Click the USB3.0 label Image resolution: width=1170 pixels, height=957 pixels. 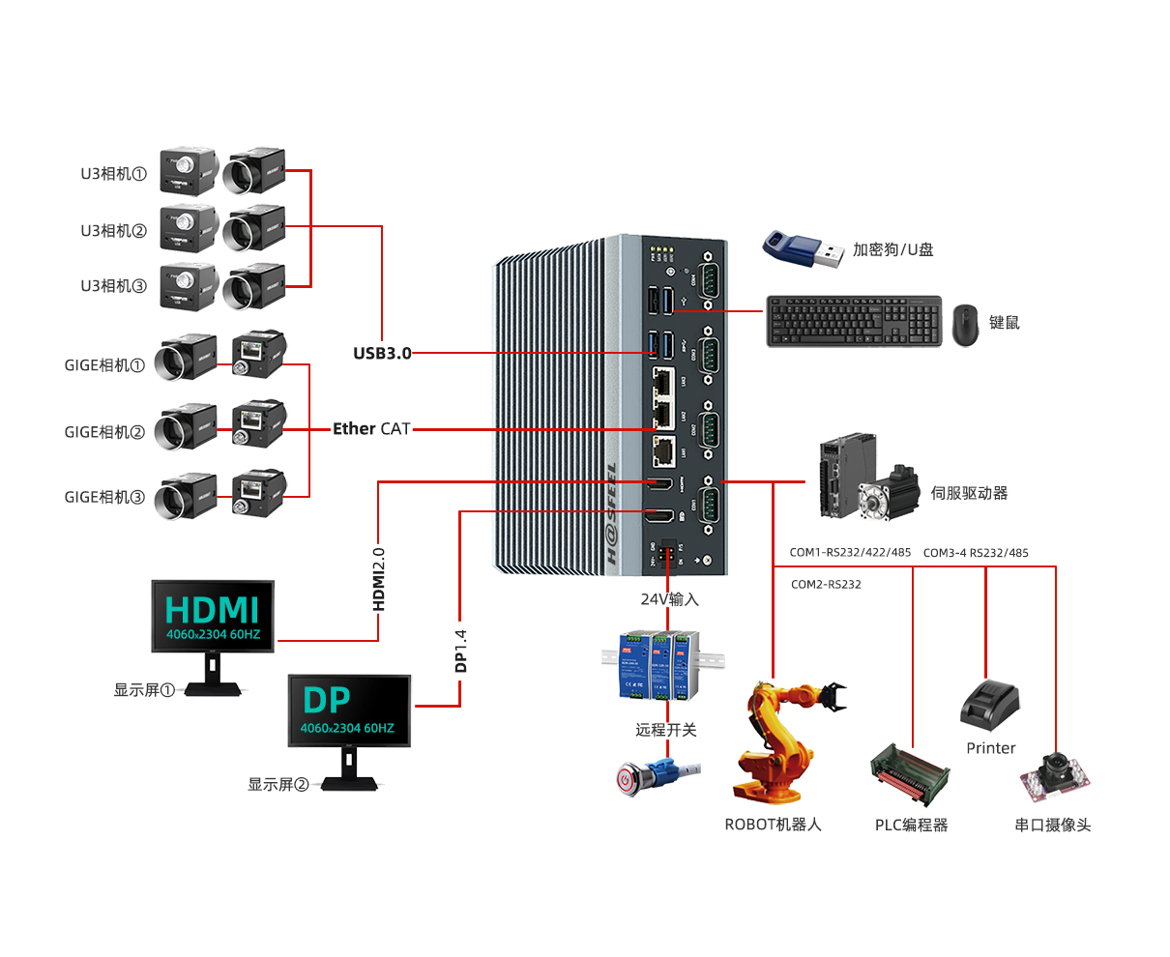382,354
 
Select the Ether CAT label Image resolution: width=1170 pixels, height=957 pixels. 371,429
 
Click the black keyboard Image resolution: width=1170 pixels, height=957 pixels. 854,321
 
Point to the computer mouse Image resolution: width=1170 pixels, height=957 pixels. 965,326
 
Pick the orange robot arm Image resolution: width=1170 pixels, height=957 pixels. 781,741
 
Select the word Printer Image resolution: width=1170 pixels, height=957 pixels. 991,748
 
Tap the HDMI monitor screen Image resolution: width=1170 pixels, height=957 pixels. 213,616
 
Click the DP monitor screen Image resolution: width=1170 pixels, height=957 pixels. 349,710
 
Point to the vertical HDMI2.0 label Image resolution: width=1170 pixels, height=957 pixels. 379,579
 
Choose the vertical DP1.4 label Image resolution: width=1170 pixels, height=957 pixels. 461,651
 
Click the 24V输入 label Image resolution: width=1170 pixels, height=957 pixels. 669,599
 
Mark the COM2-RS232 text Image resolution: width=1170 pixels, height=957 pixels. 826,585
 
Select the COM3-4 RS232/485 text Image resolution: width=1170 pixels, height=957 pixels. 976,553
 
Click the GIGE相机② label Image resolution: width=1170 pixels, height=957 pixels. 104,432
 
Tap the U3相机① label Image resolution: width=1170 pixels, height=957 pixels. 113,174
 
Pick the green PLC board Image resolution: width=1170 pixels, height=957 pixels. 910,774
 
